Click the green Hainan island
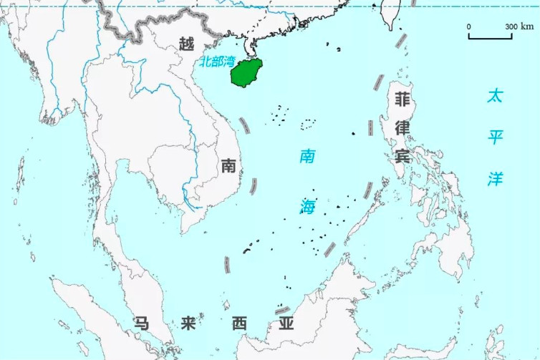pyautogui.click(x=246, y=73)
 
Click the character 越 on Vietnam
pyautogui.click(x=186, y=44)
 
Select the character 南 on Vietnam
pyautogui.click(x=228, y=165)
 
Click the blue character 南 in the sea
pyautogui.click(x=307, y=155)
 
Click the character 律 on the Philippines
pyautogui.click(x=402, y=127)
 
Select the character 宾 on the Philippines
pyautogui.click(x=402, y=155)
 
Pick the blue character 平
pyautogui.click(x=495, y=137)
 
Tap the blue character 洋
pyautogui.click(x=495, y=178)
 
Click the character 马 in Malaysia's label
pyautogui.click(x=140, y=323)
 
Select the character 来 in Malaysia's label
pyautogui.click(x=188, y=323)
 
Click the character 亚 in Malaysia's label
pyautogui.click(x=286, y=323)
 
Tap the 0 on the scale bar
pyautogui.click(x=469, y=26)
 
